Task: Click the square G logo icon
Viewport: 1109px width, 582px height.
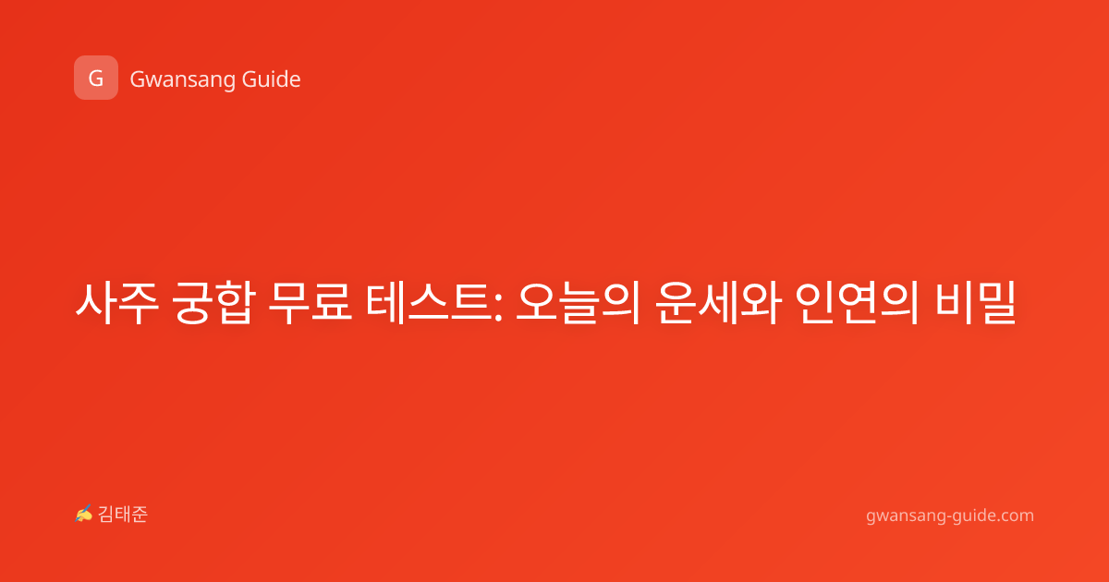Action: [96, 78]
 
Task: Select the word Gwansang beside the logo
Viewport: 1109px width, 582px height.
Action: [182, 80]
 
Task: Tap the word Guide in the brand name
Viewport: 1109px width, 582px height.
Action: [272, 79]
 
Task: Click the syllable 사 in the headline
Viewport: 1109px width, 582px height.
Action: [96, 303]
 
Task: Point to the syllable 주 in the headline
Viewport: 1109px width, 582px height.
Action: [139, 303]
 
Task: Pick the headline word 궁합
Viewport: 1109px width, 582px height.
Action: [213, 303]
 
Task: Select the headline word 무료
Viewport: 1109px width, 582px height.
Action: [310, 303]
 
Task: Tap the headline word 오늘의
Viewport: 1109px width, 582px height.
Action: [579, 303]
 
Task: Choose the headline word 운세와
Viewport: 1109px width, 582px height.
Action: [718, 303]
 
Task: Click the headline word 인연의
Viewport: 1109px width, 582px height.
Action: [858, 303]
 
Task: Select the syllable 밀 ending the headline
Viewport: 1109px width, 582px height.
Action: [995, 303]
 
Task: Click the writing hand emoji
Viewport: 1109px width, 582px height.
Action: [84, 514]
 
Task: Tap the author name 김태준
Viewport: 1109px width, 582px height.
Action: [123, 515]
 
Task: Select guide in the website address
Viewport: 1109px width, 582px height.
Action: [972, 515]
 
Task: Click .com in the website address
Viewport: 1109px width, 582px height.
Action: [1015, 516]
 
